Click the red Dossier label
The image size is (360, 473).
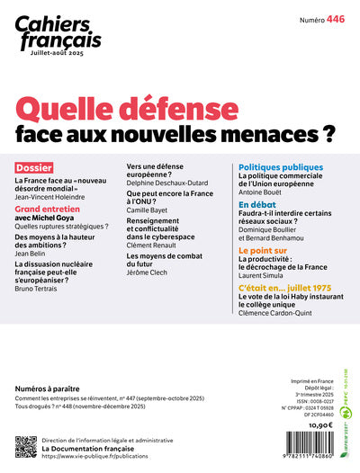coord(34,167)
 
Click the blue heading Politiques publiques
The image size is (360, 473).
coord(281,167)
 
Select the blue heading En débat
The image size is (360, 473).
coord(256,205)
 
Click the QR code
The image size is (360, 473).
coord(26,446)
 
